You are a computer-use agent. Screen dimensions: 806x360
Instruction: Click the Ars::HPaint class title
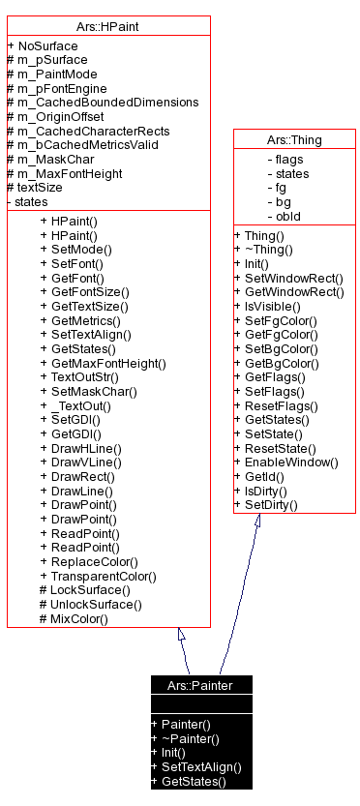(x=107, y=26)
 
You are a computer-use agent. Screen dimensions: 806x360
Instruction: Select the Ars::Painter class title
(x=201, y=685)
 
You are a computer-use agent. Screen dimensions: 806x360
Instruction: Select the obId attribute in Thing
(x=288, y=216)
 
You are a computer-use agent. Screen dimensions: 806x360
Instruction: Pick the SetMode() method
(x=75, y=249)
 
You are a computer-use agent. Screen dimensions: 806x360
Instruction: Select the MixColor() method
(x=78, y=618)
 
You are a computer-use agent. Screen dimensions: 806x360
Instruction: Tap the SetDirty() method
(x=271, y=505)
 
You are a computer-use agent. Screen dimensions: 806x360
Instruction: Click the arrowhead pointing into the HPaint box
(x=181, y=635)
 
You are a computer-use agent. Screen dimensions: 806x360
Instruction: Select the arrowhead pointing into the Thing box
(x=257, y=521)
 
